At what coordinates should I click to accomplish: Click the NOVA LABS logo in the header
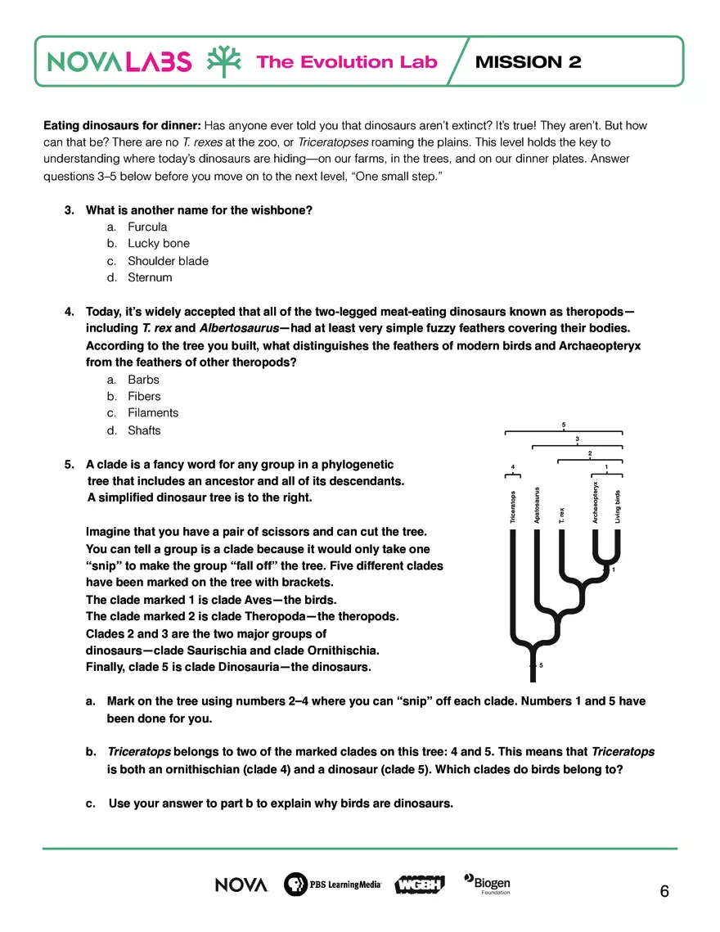coord(119,61)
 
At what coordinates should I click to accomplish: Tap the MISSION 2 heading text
coord(528,62)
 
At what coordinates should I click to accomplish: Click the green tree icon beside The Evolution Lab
coord(223,61)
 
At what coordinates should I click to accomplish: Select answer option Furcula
coord(147,227)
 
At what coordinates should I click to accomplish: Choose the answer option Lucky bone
coord(158,243)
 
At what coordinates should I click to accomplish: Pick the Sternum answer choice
coord(150,277)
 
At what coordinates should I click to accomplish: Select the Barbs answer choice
coord(143,380)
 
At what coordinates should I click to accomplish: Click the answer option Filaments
coord(152,413)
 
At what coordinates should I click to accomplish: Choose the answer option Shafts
coord(144,430)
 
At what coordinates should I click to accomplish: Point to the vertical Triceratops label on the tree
coord(512,506)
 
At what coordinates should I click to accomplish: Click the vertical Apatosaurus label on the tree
coord(538,505)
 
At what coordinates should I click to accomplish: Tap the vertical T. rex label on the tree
coord(562,515)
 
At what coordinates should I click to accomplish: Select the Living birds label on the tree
coord(618,507)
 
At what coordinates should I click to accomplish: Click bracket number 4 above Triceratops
coord(513,466)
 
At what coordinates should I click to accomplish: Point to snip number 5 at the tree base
coord(542,665)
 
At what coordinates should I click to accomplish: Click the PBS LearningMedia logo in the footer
coord(331,885)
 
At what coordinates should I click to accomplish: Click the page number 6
coord(664,892)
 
